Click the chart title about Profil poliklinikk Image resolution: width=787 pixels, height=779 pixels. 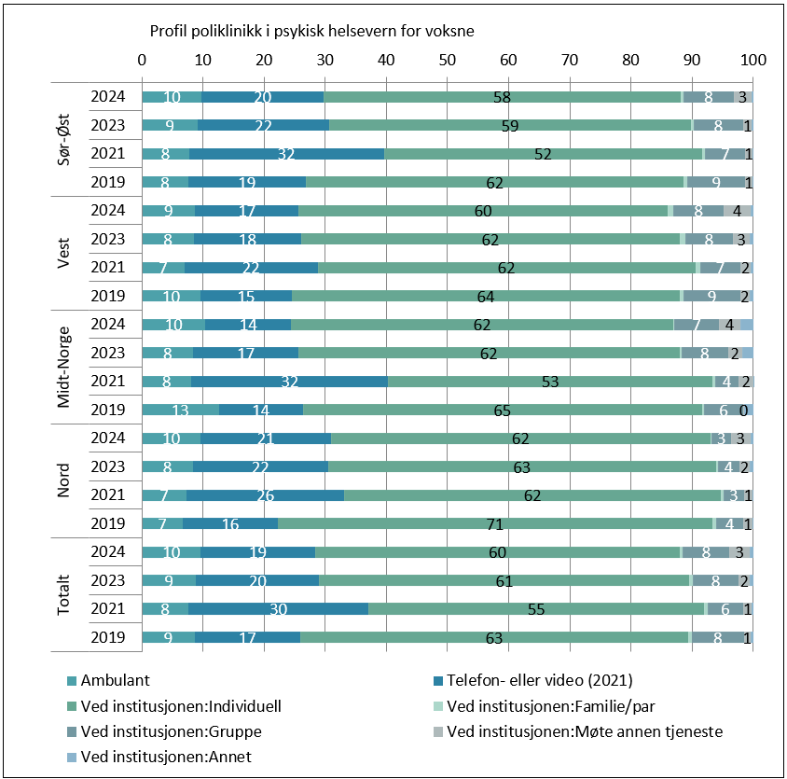coord(312,31)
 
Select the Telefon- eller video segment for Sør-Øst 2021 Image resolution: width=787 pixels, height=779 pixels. coord(287,154)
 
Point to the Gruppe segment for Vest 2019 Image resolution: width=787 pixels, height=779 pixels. coord(712,297)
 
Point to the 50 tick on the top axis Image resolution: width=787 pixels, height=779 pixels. coord(448,60)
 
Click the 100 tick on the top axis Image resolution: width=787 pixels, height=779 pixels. coord(752,60)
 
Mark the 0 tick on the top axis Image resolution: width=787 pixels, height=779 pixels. coord(142,60)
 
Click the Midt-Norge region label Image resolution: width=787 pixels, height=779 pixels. coord(64,368)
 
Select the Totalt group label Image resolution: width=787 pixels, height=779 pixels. coord(64,595)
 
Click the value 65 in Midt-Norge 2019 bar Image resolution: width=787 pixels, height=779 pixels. coord(503,410)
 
